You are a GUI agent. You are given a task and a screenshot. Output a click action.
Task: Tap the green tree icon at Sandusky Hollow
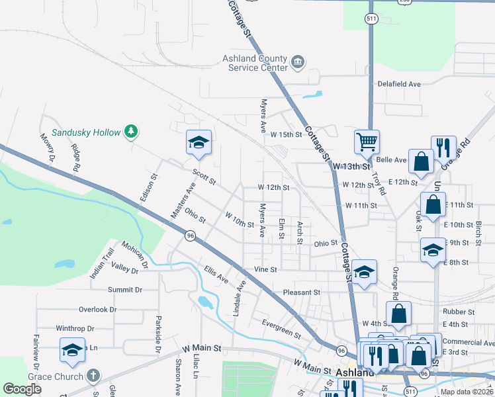click(x=132, y=131)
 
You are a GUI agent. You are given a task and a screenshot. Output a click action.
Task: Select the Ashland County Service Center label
click(x=255, y=63)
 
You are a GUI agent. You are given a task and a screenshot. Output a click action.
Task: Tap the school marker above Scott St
click(x=199, y=143)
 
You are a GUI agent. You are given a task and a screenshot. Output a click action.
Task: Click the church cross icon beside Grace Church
click(x=93, y=376)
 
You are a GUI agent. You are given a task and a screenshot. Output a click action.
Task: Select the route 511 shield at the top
click(x=372, y=19)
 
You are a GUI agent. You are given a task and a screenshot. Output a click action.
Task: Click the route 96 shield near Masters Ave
click(x=191, y=235)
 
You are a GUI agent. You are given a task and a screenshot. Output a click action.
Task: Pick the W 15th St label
click(x=286, y=134)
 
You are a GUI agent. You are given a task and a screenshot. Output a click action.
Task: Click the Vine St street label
click(x=265, y=270)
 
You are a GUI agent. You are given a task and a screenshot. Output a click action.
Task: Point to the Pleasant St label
click(x=302, y=292)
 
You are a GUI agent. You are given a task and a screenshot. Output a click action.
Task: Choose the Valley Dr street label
click(x=125, y=270)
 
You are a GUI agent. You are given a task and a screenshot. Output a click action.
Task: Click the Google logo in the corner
click(x=22, y=388)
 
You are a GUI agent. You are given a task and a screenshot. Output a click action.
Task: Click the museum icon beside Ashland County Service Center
click(x=298, y=62)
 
